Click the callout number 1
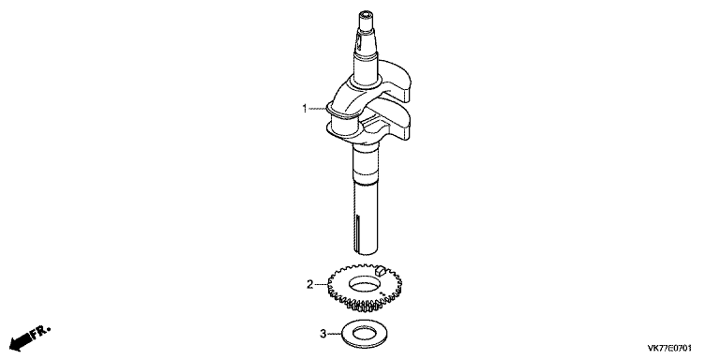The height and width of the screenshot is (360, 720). click(304, 110)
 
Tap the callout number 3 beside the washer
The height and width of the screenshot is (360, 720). click(322, 333)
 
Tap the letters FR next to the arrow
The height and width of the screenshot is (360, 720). click(40, 332)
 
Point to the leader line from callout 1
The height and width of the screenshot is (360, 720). click(317, 110)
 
